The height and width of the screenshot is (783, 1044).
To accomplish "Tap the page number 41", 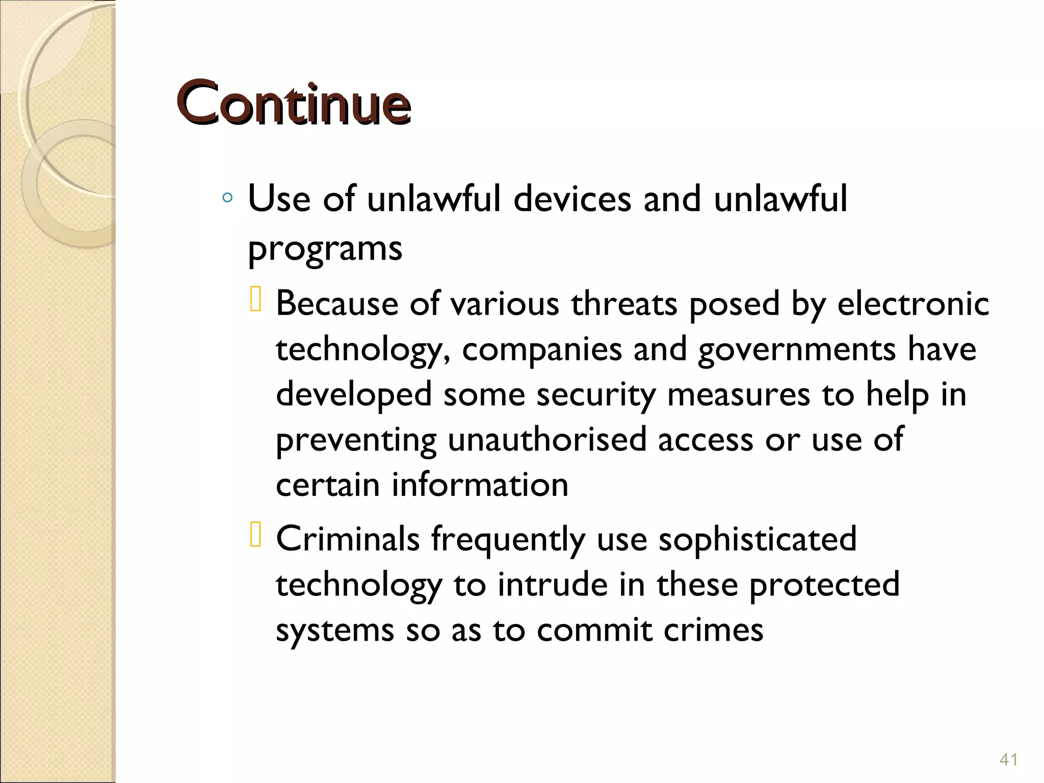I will pyautogui.click(x=1008, y=759).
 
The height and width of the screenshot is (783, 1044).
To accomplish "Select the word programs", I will pyautogui.click(x=325, y=249).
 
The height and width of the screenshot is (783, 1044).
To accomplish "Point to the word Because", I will pyautogui.click(x=337, y=304).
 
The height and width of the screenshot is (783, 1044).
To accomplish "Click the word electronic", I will pyautogui.click(x=913, y=304).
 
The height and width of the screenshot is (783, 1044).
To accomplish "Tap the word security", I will pyautogui.click(x=595, y=395).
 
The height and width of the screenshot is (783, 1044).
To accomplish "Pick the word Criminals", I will pyautogui.click(x=348, y=539).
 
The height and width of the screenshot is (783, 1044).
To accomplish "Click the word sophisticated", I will pyautogui.click(x=758, y=539).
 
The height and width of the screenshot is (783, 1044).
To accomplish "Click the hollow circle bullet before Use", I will pyautogui.click(x=228, y=198).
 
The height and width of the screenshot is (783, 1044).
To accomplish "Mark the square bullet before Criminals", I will pyautogui.click(x=255, y=536).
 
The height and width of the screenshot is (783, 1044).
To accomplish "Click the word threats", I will pyautogui.click(x=624, y=304).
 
